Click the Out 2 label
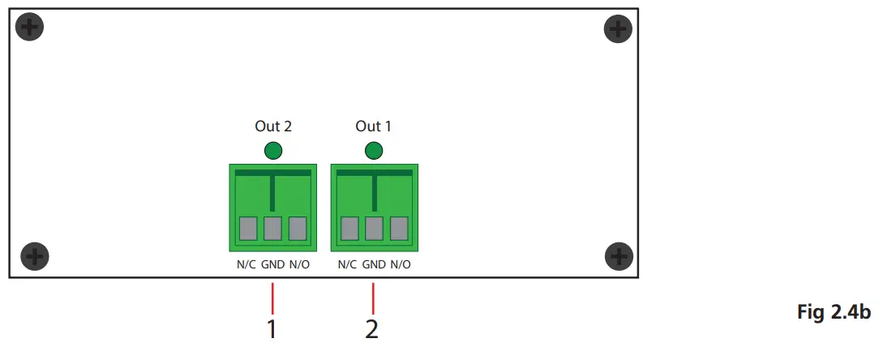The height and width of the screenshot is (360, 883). point(272,126)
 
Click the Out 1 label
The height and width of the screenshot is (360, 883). point(373,126)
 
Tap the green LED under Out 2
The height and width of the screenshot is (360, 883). point(273,150)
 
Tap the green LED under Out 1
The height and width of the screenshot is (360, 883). point(374,150)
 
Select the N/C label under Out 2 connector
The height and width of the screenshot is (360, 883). point(246,264)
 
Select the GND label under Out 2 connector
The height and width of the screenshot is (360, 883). point(272,264)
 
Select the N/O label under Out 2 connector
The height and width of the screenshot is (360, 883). point(299,264)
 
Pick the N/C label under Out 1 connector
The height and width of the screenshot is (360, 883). point(347,264)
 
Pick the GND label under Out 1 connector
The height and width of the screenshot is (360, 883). point(374,264)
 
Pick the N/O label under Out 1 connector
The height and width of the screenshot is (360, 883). point(401,264)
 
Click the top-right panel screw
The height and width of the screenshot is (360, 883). point(619,31)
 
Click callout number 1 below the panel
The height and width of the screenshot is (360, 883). point(272,329)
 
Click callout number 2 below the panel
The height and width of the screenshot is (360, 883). point(372,329)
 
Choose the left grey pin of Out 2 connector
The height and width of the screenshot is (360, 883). point(247,228)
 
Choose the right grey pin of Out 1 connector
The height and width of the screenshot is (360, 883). point(398,228)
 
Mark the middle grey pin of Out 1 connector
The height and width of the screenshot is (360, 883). point(374,228)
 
